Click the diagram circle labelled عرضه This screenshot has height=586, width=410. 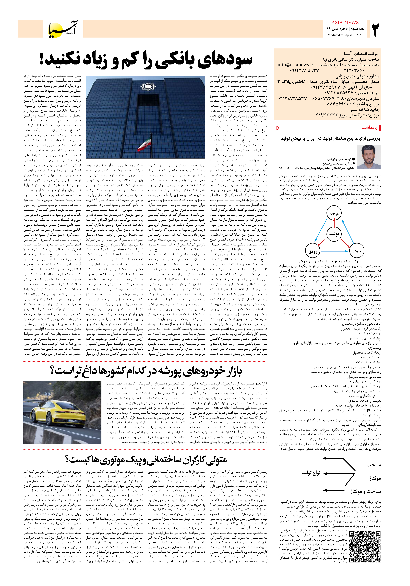(334, 213)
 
